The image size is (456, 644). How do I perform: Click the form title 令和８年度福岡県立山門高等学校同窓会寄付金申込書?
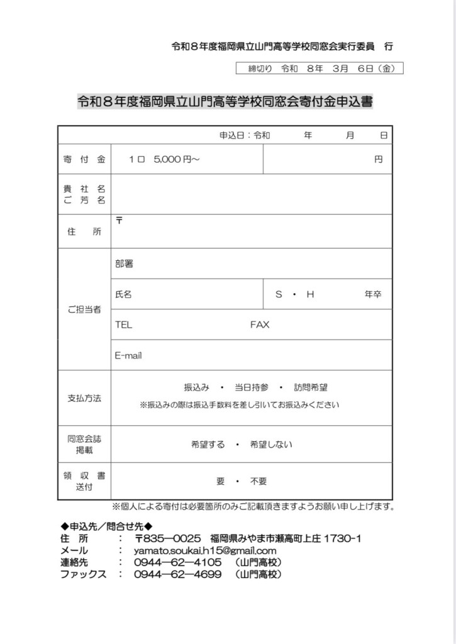tap(225, 101)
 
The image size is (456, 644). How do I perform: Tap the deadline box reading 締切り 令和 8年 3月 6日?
tap(319, 69)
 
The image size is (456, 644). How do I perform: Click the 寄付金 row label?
tap(84, 159)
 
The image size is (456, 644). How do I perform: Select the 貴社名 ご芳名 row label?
tap(84, 194)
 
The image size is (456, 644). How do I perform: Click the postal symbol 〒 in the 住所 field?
tap(120, 220)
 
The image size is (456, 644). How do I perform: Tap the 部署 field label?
tap(124, 264)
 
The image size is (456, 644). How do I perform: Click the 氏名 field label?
tap(123, 294)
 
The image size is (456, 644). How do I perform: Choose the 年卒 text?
tap(373, 294)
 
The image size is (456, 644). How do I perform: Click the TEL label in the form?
tap(123, 325)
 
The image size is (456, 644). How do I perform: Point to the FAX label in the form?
tap(259, 325)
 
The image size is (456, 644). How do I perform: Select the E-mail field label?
tap(128, 355)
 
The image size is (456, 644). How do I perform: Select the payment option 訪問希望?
tap(310, 388)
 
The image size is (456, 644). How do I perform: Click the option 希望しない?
tap(271, 445)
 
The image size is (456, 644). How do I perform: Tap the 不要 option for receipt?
tap(259, 481)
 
